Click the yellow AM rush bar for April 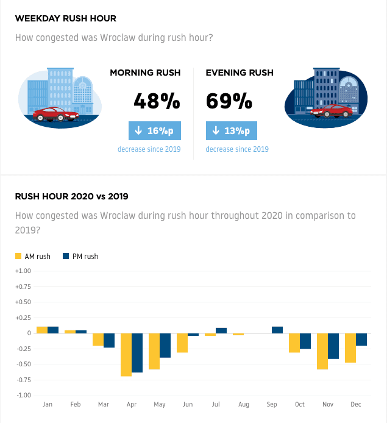coord(126,355)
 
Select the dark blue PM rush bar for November coord(333,346)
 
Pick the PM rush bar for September coord(277,330)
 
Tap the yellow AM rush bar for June coord(182,343)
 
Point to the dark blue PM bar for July coord(221,331)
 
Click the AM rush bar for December coord(350,348)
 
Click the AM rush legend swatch coord(18,256)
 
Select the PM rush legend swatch coord(66,256)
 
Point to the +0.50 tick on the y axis coord(23,302)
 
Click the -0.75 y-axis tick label coord(24,380)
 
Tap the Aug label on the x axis coord(244,404)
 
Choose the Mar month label coord(104,404)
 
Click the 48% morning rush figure coord(157,101)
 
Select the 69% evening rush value coord(229,101)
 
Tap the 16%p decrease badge coord(155,131)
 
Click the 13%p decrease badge coord(232,131)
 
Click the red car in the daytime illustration coord(56,114)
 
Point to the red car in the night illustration coord(332,111)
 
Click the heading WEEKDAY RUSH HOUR coord(66,18)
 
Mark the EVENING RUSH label coord(240,73)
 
